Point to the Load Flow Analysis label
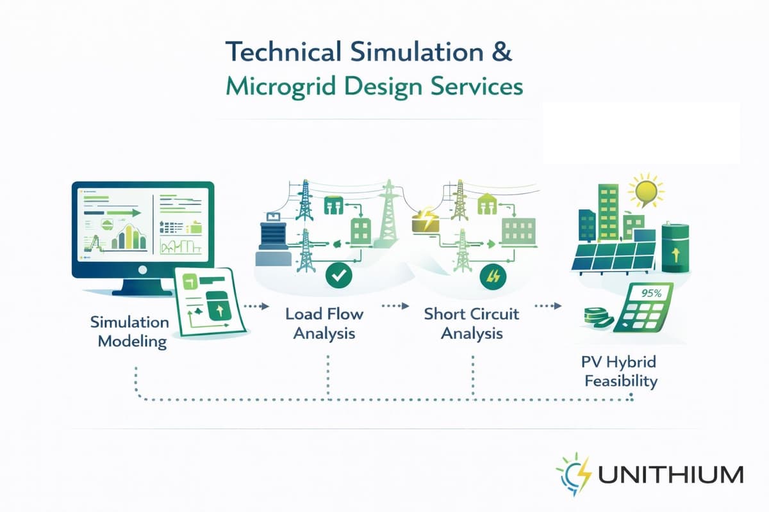(324, 323)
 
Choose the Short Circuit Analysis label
(472, 323)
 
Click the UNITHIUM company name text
(671, 476)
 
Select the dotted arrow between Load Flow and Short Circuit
(395, 306)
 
